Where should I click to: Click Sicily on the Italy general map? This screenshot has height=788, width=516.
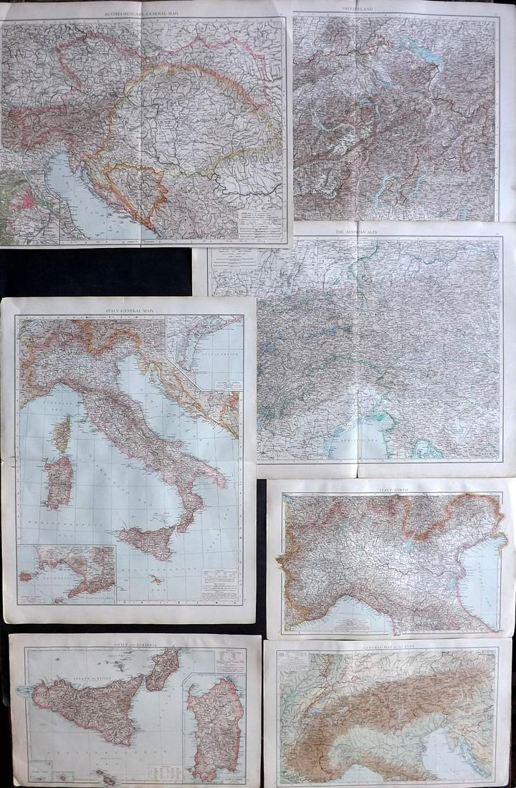click(x=147, y=541)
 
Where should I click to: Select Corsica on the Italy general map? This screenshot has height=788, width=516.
click(x=63, y=433)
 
